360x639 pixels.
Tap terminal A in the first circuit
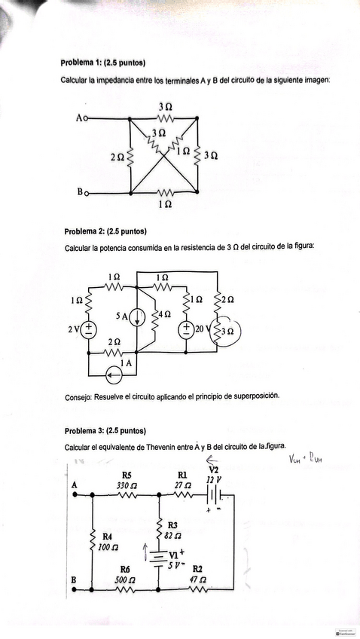pos(82,118)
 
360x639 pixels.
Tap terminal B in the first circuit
pos(82,193)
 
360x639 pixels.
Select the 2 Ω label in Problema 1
pos(117,157)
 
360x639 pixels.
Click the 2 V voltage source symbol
pos(89,329)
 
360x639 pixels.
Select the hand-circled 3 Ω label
pos(226,330)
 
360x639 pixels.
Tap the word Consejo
pos(79,395)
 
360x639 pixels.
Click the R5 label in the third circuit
pos(126,475)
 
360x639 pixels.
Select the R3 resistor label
pos(172,524)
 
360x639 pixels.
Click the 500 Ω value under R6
pos(125,579)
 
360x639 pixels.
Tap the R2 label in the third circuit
pos(197,568)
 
